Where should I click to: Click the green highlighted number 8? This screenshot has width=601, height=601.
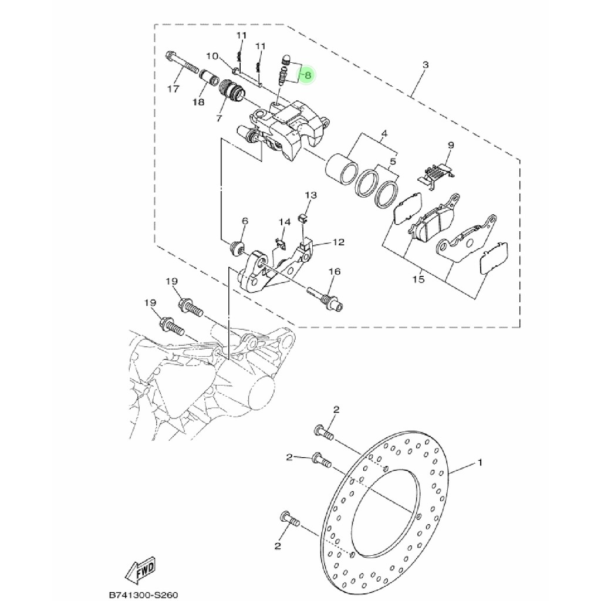point(308,75)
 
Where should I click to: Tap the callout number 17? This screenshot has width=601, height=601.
point(173,89)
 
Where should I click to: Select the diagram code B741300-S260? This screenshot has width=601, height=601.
point(144,595)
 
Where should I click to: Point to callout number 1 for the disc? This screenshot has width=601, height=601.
point(480,462)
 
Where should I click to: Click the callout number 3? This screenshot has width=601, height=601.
point(426,65)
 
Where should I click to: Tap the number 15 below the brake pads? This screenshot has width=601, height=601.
point(419,279)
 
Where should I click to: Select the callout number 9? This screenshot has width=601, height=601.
point(451,145)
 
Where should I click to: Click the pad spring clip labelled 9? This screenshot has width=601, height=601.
point(437,174)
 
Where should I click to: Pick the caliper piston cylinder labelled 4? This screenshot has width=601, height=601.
point(341,169)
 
